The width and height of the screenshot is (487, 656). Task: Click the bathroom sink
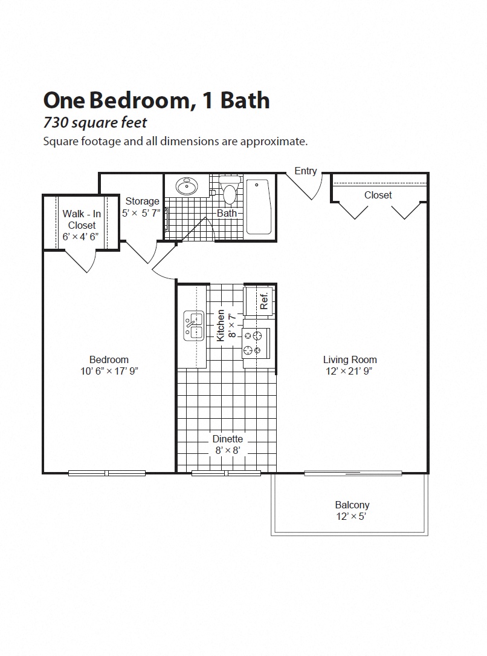click(185, 186)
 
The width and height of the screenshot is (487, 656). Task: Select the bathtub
click(260, 206)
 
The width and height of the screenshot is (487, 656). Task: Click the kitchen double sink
click(193, 326)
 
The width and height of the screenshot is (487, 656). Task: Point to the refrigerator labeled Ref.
click(259, 301)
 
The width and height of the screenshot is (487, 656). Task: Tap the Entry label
click(305, 171)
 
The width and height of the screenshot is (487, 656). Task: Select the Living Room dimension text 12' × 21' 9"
click(350, 371)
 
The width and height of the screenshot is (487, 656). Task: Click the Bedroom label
click(109, 359)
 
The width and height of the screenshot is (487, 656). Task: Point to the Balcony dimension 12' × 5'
click(352, 517)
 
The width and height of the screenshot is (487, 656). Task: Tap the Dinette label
click(227, 439)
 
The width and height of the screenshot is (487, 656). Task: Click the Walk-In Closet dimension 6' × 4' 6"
click(82, 237)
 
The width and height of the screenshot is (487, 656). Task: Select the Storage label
click(142, 201)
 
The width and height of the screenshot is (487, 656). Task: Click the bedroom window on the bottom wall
click(107, 473)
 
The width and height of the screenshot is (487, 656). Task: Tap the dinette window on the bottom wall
click(227, 473)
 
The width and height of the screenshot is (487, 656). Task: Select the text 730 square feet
click(95, 123)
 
